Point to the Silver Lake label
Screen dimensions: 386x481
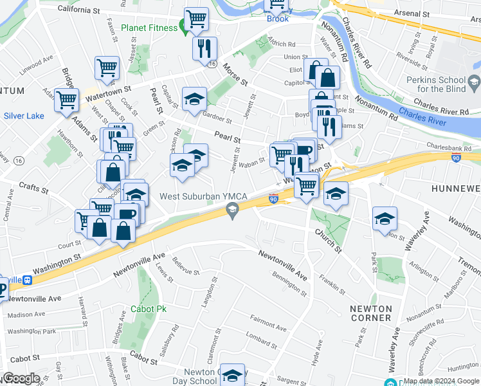tap(24, 116)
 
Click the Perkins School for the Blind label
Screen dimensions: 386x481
tap(443, 87)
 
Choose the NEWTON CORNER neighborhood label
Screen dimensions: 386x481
tap(371, 313)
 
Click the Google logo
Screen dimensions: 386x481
tap(21, 378)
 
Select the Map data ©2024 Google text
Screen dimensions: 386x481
tap(441, 381)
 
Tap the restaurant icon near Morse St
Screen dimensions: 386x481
tap(204, 48)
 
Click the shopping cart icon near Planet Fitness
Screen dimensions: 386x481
tap(195, 19)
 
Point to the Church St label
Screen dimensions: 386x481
tap(327, 239)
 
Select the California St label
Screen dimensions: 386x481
tap(78, 9)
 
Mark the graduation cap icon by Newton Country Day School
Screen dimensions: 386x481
tap(233, 375)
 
